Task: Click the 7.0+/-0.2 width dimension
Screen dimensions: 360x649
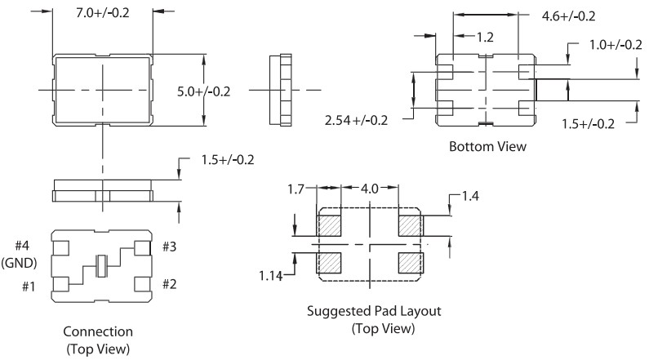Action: (x=102, y=13)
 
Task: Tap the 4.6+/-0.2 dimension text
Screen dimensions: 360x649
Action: (x=569, y=16)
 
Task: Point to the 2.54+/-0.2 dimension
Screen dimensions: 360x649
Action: (x=356, y=120)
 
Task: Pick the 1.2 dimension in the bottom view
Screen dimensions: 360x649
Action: (x=485, y=37)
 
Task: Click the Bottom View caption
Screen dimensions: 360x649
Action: (x=487, y=147)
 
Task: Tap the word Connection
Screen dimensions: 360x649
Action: (x=97, y=331)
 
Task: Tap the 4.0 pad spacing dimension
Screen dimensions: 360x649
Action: (x=371, y=189)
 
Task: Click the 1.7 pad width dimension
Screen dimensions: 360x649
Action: (x=296, y=189)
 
